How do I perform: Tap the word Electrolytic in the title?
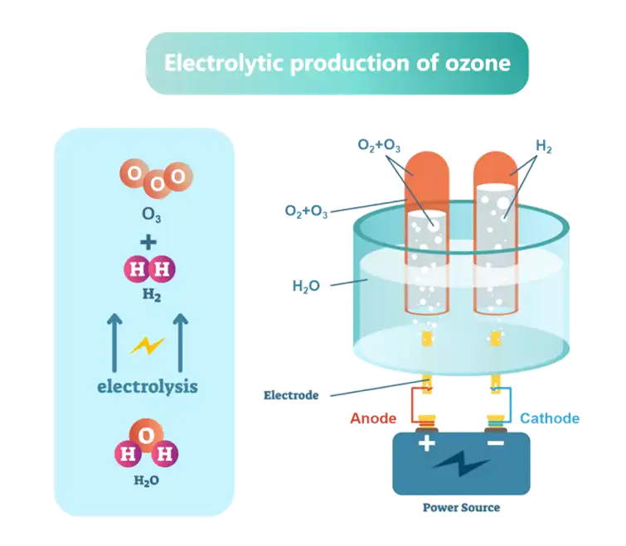(x=212, y=63)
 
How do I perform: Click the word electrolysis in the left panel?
(x=148, y=385)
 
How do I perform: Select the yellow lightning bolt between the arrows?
(x=148, y=345)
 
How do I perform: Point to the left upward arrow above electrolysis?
(x=115, y=341)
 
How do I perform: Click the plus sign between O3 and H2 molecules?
(x=148, y=242)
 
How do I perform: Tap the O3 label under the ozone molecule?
(x=150, y=219)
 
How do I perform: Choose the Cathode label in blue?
(x=550, y=418)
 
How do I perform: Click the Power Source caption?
(x=462, y=507)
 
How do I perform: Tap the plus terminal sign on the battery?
(x=426, y=444)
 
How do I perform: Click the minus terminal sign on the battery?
(x=495, y=444)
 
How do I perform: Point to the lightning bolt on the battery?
(x=461, y=463)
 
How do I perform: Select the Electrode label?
(x=291, y=395)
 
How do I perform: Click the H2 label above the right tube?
(x=544, y=147)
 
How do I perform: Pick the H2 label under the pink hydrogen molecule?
(x=150, y=294)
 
